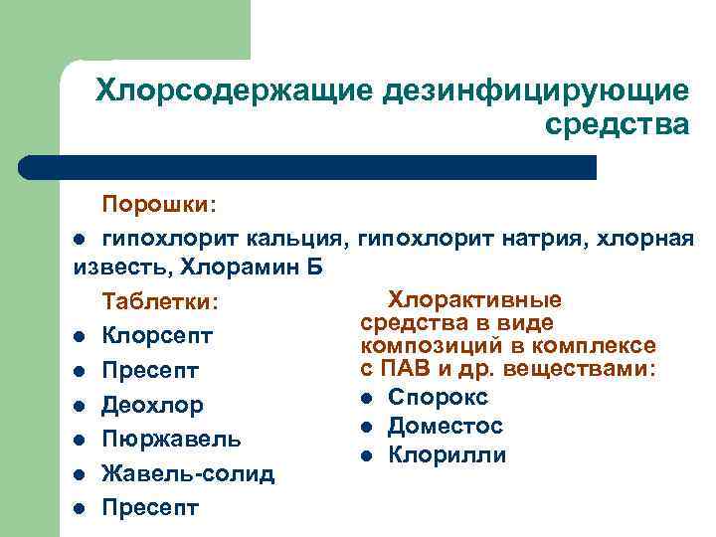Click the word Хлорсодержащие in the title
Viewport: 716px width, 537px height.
pyautogui.click(x=231, y=91)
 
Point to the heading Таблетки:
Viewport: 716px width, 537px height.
pyautogui.click(x=160, y=301)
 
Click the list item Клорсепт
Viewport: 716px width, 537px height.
pyautogui.click(x=157, y=336)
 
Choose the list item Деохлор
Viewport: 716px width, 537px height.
pyautogui.click(x=152, y=405)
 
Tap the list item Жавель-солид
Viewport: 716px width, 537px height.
pyautogui.click(x=188, y=473)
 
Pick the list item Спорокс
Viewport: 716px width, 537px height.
pyautogui.click(x=438, y=397)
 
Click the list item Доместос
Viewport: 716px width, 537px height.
pyautogui.click(x=446, y=426)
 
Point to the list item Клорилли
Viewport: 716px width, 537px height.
pyautogui.click(x=447, y=455)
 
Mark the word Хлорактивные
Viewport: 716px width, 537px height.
pyautogui.click(x=473, y=299)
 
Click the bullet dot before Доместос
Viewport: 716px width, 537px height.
pyautogui.click(x=367, y=428)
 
